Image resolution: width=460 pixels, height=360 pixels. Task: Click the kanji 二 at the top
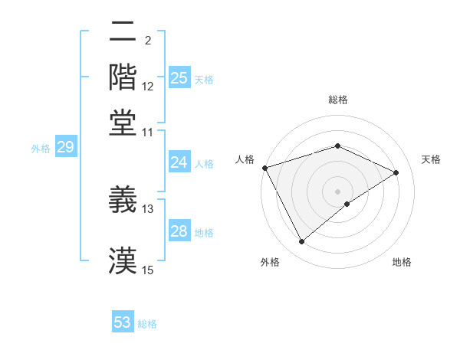[x=123, y=31]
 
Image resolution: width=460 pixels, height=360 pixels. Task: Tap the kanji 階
[x=123, y=77]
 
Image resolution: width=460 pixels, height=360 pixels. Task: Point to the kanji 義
[x=123, y=200]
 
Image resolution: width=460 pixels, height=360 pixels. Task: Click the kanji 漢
[x=123, y=261]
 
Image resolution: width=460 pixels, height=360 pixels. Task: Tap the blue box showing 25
[x=179, y=78]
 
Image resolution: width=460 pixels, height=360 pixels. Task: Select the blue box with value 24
[x=179, y=162]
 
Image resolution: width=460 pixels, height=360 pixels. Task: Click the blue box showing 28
[x=179, y=231]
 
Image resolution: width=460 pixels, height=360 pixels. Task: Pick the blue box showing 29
[x=65, y=148]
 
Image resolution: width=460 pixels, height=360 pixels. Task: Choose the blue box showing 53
[x=123, y=322]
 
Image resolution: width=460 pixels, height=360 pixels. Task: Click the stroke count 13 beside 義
[x=148, y=208]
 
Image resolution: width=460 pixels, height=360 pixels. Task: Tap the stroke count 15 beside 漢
[x=148, y=270]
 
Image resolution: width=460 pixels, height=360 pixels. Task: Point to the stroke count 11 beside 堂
[x=148, y=132]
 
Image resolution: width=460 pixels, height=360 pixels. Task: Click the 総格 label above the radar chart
[x=338, y=100]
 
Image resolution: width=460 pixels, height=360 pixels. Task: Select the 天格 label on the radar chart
[x=431, y=159]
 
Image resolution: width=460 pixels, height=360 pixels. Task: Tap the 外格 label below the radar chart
[x=270, y=263]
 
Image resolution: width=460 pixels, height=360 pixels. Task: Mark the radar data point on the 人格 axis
[x=264, y=168]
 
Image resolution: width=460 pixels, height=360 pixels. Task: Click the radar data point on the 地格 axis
[x=347, y=204]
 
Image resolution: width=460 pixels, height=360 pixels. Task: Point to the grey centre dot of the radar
[x=337, y=191]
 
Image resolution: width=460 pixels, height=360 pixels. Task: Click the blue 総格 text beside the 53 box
[x=147, y=324]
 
